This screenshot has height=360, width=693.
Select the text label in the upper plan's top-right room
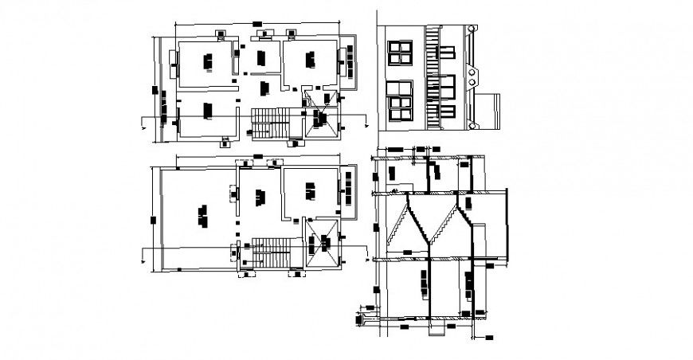tap(311, 59)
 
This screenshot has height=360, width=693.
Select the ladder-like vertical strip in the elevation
tap(433, 76)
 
